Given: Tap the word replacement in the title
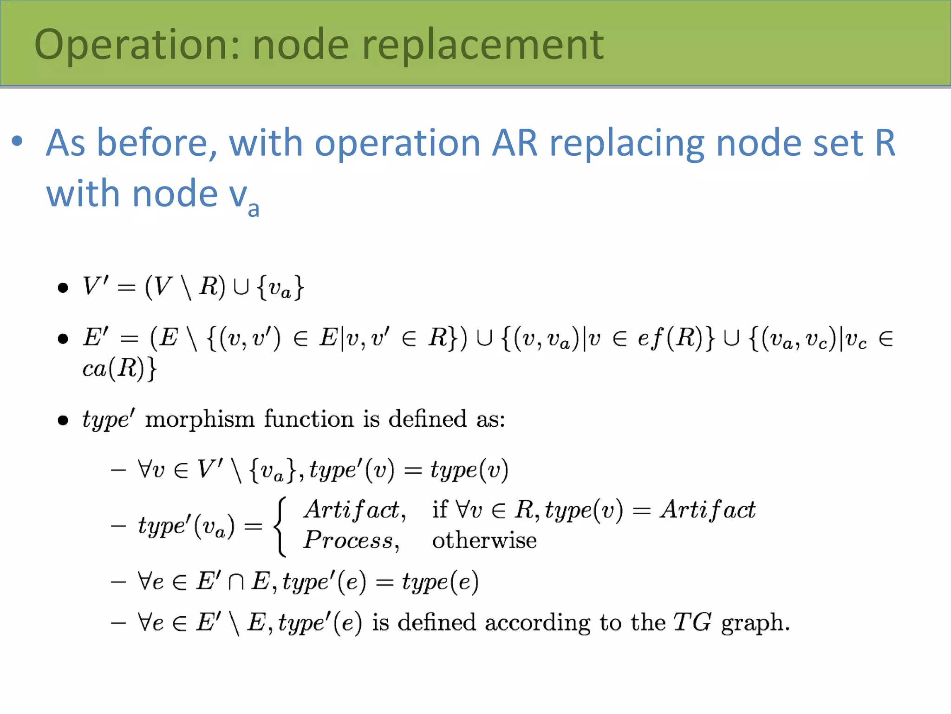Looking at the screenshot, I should tap(483, 45).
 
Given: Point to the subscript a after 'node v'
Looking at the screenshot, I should tap(254, 209).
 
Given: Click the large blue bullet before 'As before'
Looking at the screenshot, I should tap(17, 141).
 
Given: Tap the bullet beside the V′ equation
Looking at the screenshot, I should tap(63, 288).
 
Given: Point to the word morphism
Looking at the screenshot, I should tap(200, 419).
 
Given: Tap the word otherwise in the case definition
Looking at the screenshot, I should tap(484, 541).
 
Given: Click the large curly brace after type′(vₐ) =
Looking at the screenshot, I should tap(280, 526).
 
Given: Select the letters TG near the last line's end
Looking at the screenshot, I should tap(692, 622).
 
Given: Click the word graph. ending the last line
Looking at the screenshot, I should tap(755, 623).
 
